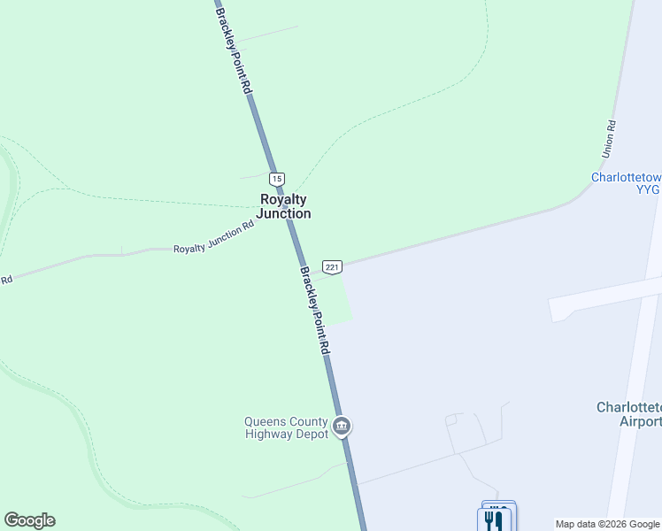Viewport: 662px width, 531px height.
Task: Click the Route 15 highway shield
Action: (277, 179)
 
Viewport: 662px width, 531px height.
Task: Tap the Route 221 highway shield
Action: (332, 267)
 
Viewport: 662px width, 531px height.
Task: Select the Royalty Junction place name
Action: (283, 206)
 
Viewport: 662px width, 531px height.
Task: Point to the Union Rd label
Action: (608, 139)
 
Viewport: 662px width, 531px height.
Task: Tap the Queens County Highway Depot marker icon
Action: (342, 427)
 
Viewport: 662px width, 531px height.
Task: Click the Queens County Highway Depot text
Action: (286, 427)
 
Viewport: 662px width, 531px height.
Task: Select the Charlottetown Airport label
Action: (629, 414)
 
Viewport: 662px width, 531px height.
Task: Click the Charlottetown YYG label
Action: (627, 182)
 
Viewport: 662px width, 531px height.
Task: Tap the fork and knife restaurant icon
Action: (494, 520)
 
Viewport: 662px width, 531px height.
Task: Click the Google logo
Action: (29, 520)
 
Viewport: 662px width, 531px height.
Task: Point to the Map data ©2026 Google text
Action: (606, 524)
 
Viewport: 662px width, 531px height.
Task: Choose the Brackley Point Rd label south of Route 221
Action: (314, 311)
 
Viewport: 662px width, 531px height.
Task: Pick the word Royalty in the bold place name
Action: (283, 199)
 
